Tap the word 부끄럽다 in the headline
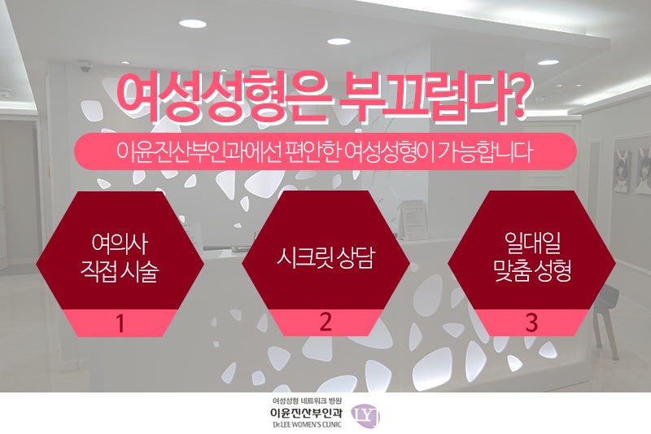coord(419,98)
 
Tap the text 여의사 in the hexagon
coord(120,243)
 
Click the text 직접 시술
coord(120,271)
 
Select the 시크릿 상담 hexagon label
coord(325,258)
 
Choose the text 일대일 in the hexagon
coord(532,243)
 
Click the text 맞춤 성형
coord(532,271)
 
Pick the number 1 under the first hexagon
coord(120,323)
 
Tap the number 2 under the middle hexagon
coord(325,322)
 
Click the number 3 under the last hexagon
coord(531,322)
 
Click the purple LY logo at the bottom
coord(365,416)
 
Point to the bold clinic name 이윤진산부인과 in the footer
coord(307,413)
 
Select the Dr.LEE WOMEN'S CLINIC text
coord(307,424)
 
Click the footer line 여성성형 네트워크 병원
coord(307,401)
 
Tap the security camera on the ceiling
coord(85,67)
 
